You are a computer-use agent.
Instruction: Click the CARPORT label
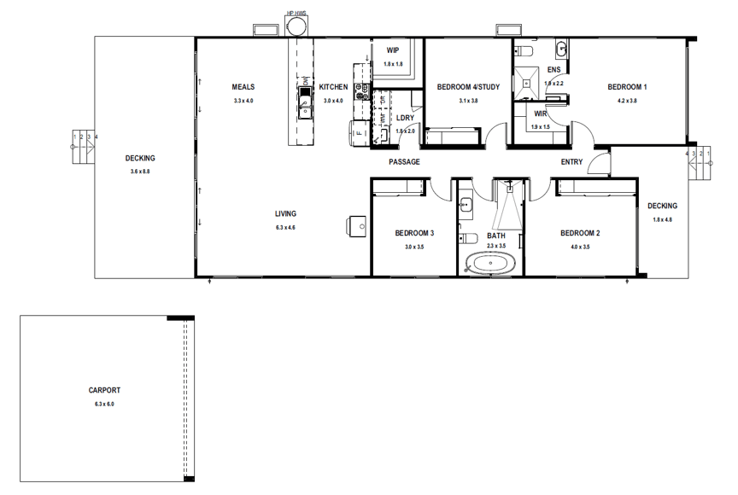click(104, 390)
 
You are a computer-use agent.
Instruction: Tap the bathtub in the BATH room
click(491, 264)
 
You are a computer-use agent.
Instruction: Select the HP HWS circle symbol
click(297, 28)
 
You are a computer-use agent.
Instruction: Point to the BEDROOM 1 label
click(627, 87)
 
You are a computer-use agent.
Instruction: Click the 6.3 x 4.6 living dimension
click(285, 228)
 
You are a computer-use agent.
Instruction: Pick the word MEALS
click(243, 87)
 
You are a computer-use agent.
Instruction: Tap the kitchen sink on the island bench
click(304, 102)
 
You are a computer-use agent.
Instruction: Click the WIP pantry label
click(392, 50)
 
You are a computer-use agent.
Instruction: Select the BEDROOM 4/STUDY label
click(468, 87)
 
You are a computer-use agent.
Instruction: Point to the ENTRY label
click(571, 162)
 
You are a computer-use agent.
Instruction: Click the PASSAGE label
click(404, 162)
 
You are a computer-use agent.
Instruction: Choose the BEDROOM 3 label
click(414, 233)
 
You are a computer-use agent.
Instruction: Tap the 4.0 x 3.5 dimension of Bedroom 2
click(580, 247)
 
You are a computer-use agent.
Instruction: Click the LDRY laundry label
click(406, 118)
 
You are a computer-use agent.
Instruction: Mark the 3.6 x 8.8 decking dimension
click(140, 172)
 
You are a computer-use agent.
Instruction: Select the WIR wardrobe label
click(540, 114)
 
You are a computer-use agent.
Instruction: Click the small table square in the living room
click(356, 224)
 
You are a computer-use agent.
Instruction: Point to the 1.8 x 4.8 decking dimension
click(662, 219)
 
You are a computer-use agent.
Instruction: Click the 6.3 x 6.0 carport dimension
click(104, 404)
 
